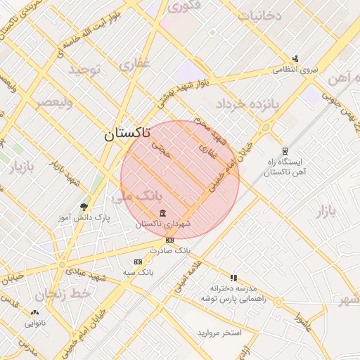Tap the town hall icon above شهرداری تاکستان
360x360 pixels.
[162, 213]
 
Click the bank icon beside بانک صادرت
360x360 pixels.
[169, 240]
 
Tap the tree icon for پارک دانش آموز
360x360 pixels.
[84, 207]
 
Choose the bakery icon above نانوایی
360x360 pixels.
[35, 312]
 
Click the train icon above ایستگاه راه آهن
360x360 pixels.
[285, 151]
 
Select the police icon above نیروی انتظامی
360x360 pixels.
[295, 59]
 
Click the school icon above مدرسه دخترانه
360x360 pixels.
[233, 278]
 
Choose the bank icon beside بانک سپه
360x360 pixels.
[137, 262]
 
